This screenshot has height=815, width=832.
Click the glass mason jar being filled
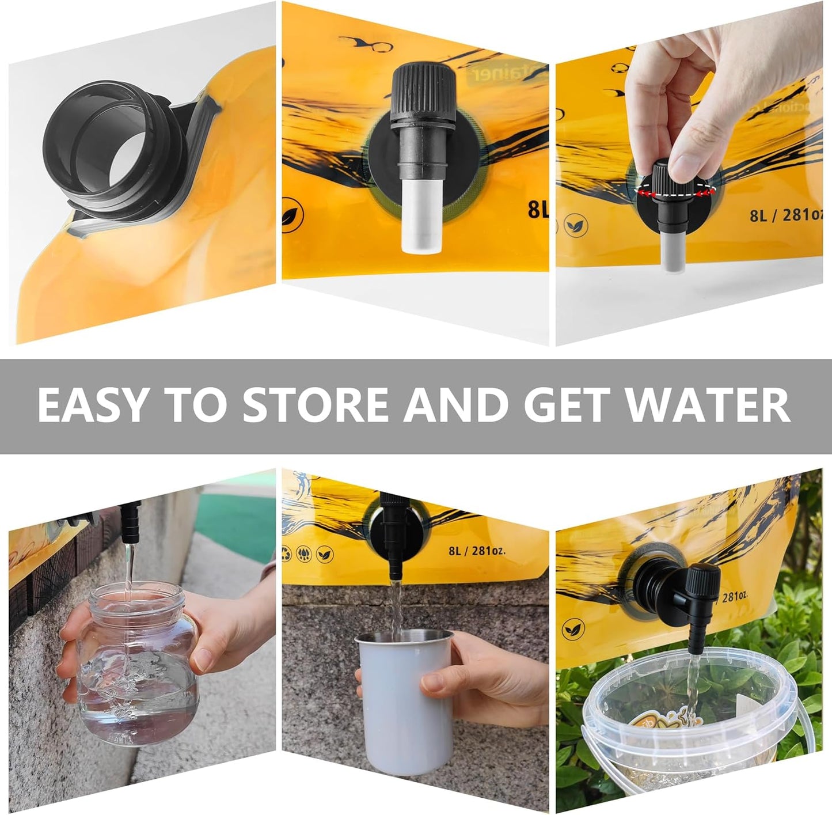click(x=138, y=662)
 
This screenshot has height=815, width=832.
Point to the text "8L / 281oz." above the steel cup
click(x=477, y=550)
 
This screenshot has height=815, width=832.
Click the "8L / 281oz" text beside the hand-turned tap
click(x=787, y=215)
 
